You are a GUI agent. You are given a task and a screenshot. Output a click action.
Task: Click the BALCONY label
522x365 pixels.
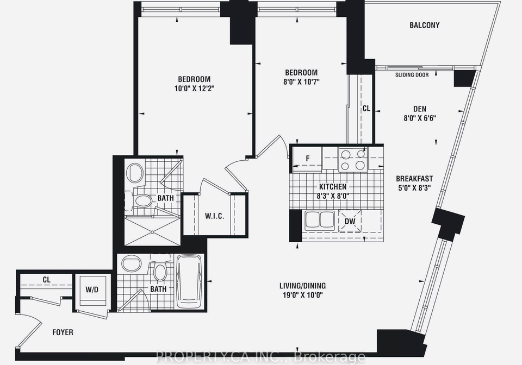425,26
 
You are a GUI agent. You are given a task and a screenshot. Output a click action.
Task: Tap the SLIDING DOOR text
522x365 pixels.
412,75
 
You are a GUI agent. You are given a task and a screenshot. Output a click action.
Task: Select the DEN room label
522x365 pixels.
420,109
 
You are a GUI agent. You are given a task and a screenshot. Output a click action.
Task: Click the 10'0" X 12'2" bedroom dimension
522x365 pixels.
194,89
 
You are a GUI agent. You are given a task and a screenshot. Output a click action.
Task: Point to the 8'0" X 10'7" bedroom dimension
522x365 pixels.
301,82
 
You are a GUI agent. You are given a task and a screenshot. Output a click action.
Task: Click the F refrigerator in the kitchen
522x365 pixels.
307,159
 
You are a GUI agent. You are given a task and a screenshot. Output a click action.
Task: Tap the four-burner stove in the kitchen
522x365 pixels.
353,160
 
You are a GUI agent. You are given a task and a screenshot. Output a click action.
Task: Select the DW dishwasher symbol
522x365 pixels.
350,221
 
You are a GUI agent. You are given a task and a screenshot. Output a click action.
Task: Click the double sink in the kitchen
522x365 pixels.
320,219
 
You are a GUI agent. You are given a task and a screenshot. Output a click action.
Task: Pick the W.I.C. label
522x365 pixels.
214,216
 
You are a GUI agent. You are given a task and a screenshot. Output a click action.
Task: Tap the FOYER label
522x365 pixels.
63,332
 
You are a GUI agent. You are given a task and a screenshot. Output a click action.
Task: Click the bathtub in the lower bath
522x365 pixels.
189,281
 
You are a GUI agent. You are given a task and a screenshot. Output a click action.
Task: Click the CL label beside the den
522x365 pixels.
366,109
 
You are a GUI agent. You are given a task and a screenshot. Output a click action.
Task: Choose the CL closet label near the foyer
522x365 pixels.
47,280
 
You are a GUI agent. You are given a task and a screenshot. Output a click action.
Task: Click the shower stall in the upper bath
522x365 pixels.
152,231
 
